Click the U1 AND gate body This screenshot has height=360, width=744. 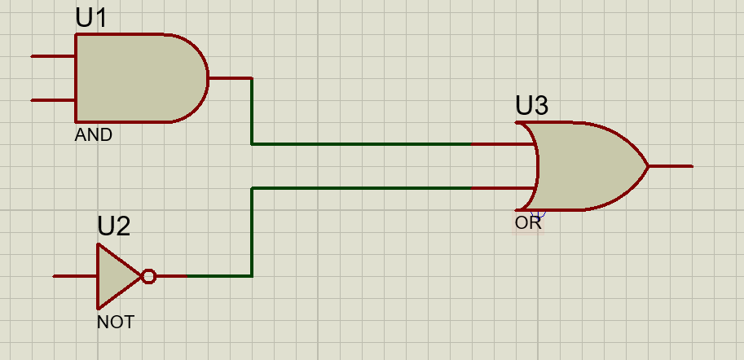(139, 78)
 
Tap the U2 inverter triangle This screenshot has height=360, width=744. (117, 276)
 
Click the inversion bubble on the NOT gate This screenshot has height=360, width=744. (148, 276)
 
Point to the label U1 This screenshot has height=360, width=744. (91, 18)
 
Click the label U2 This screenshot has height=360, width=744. (113, 226)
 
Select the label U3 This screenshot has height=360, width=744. (531, 106)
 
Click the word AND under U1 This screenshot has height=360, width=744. (93, 135)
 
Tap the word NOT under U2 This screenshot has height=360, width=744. (115, 323)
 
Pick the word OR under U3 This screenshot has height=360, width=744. (527, 222)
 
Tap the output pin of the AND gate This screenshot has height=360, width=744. (230, 78)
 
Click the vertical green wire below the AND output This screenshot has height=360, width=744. (252, 112)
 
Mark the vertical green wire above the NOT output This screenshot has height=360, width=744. (252, 232)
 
